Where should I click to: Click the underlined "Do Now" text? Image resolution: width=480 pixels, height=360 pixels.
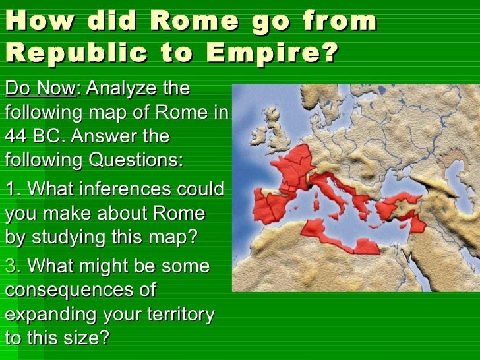[x=40, y=88]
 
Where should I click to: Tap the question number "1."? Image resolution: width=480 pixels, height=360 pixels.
[x=14, y=190]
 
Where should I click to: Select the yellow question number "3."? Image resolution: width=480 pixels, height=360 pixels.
[x=14, y=266]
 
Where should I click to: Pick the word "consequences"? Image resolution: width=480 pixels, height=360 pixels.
[x=80, y=290]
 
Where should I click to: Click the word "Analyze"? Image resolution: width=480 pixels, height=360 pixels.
[x=138, y=88]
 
